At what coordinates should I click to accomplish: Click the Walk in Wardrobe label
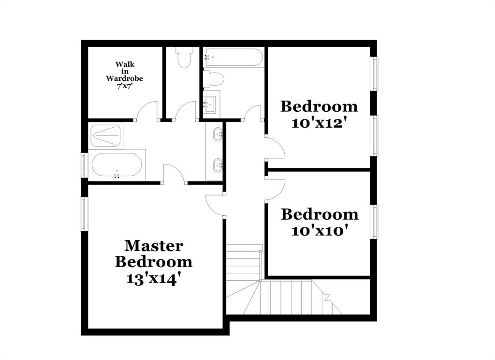coord(124,71)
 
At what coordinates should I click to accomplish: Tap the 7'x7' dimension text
coord(124,86)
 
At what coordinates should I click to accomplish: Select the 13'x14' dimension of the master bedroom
coord(154,279)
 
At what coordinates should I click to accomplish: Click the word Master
coord(154,246)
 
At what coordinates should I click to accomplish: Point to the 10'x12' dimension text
coord(319,123)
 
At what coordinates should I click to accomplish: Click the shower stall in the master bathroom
coord(105,136)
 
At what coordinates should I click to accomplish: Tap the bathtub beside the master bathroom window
coord(116,166)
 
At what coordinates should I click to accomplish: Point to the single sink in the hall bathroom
coord(211,103)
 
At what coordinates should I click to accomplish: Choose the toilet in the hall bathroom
coord(213,79)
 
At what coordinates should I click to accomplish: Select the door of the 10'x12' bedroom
coord(275,149)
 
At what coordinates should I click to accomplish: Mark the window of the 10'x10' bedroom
coord(374,222)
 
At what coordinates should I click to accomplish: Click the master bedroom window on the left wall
coord(84,213)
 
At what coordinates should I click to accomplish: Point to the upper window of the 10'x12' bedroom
coord(374,74)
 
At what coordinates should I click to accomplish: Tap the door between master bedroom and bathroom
coord(175,174)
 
